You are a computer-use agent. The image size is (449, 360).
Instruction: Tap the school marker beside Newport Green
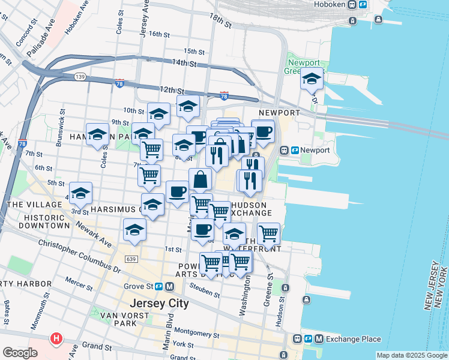tap(312, 79)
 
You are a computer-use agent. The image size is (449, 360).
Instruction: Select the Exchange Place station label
tap(345, 339)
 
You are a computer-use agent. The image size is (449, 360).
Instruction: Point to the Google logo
tap(20, 353)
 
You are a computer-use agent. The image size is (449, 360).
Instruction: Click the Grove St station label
tap(145, 286)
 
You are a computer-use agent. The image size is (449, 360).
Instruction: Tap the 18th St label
tap(220, 24)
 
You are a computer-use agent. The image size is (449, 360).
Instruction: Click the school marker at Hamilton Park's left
tap(97, 136)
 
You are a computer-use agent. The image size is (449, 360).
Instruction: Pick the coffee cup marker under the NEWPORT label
tap(262, 131)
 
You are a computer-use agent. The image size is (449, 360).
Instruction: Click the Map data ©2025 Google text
tap(411, 355)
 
